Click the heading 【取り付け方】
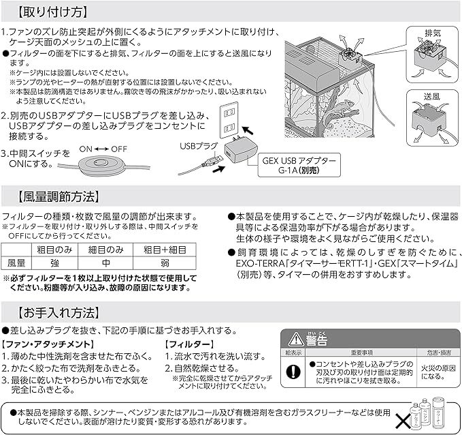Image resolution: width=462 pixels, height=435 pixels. (51, 12)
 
